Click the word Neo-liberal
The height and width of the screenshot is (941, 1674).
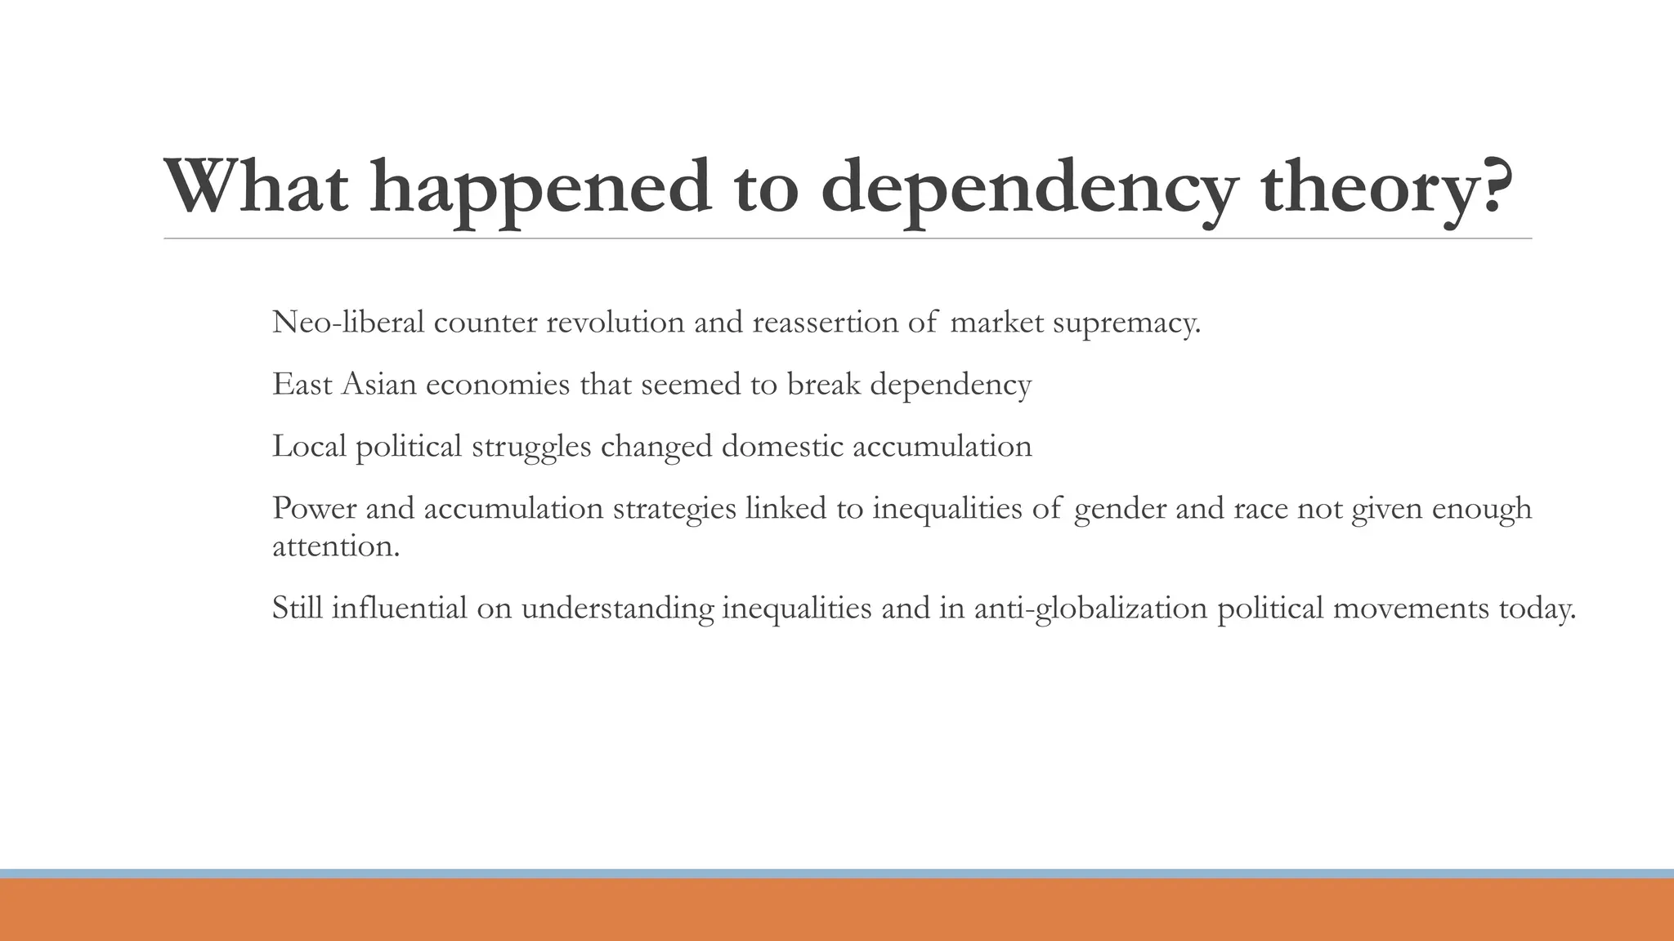point(348,323)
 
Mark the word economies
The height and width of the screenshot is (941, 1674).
point(498,384)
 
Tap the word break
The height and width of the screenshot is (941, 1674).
point(824,384)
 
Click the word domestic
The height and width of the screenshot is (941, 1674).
point(782,446)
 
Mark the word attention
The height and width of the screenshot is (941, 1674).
point(336,546)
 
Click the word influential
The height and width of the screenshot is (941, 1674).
point(399,608)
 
